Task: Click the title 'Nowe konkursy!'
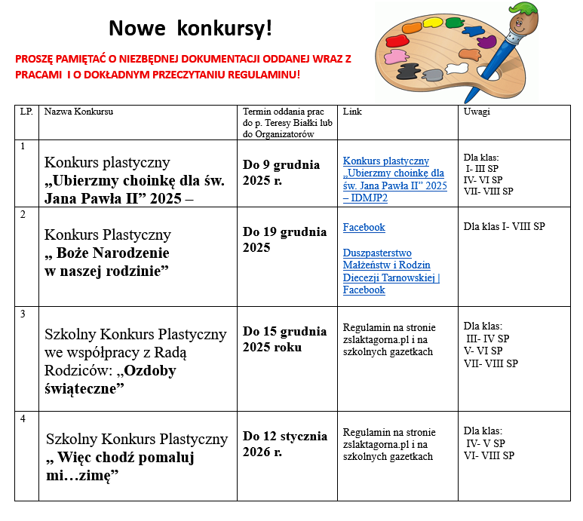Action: (189, 29)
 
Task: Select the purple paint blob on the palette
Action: (487, 41)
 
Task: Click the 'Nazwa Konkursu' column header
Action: (78, 112)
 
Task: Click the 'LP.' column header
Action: (26, 112)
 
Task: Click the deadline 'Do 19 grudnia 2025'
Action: (284, 240)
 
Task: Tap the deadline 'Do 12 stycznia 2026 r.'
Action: (284, 444)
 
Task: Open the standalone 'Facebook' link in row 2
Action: (364, 227)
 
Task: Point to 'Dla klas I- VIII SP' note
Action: (504, 226)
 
